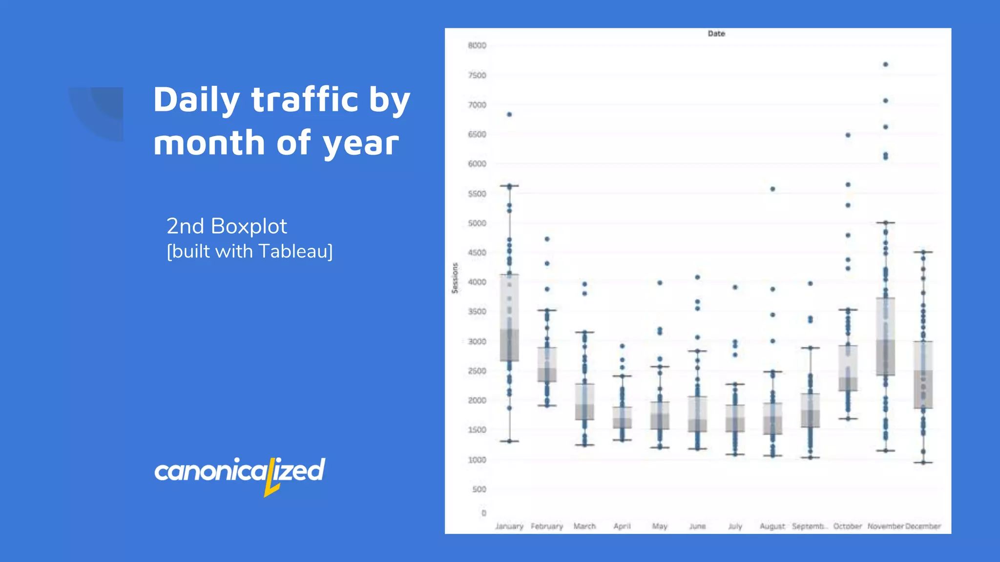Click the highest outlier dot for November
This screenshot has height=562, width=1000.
click(885, 64)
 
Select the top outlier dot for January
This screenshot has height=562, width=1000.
click(509, 115)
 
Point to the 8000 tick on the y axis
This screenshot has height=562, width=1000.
click(477, 45)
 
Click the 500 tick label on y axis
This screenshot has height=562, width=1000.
click(479, 489)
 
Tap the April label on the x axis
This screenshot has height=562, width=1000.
click(622, 526)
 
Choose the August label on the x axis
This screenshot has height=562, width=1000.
click(772, 526)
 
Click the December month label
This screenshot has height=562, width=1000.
click(923, 526)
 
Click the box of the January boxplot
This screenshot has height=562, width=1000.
click(509, 318)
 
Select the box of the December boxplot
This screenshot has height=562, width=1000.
click(923, 375)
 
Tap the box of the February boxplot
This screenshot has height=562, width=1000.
click(547, 364)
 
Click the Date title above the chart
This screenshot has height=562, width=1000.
click(716, 34)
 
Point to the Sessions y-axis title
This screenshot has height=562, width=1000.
click(455, 278)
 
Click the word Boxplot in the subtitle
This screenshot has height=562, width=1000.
click(249, 226)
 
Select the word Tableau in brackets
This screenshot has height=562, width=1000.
click(293, 251)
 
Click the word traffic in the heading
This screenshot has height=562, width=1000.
click(305, 100)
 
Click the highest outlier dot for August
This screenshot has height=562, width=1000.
click(772, 189)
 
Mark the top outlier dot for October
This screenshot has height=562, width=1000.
click(848, 135)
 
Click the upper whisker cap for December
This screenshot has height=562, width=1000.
click(923, 252)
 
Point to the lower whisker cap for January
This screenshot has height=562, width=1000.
click(509, 441)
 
